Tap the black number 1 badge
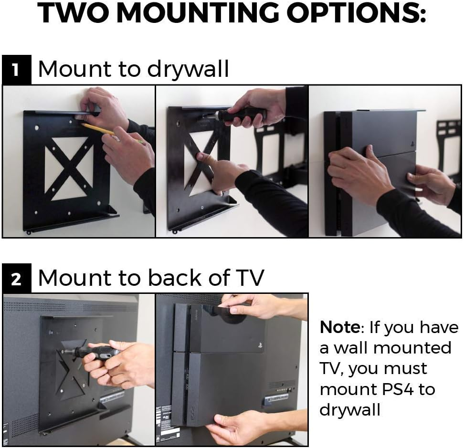pos(16,70)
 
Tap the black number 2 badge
pos(16,279)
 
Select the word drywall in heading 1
pos(188,70)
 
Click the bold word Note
pos(339,328)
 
